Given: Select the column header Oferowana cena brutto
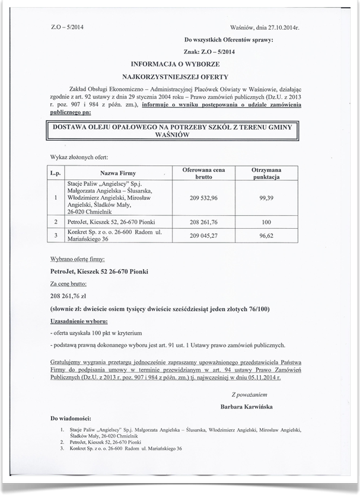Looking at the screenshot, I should (203, 173).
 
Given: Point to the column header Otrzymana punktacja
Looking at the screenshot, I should (266, 173).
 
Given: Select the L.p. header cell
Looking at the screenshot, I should (56, 173).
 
